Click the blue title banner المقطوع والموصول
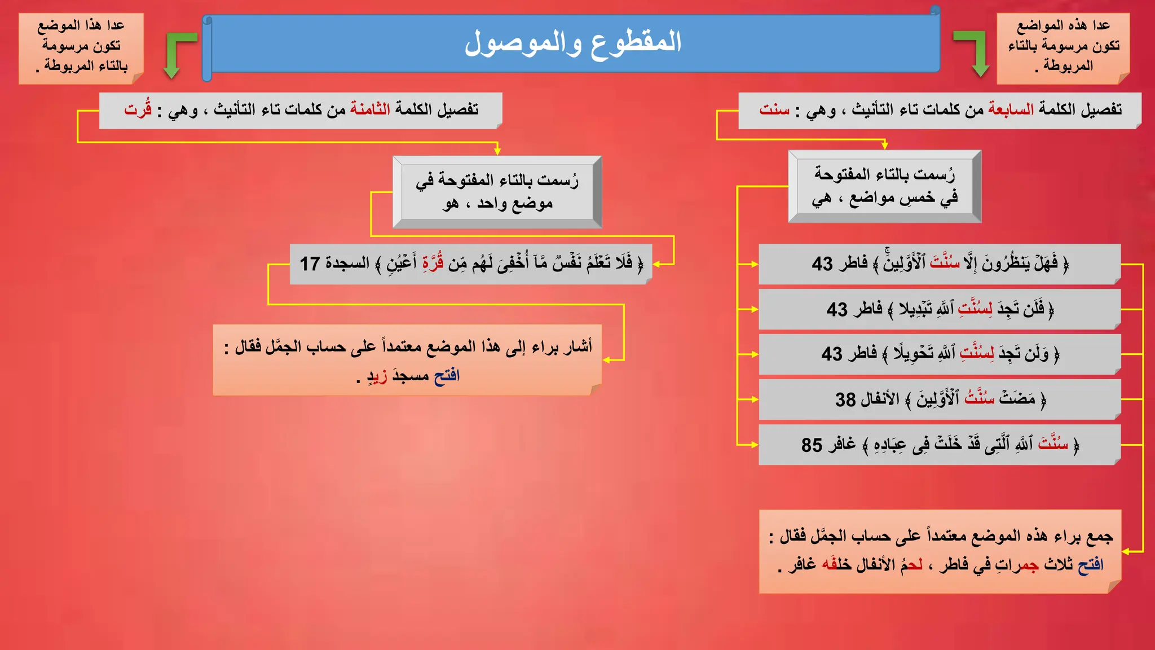(x=572, y=43)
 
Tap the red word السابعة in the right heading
(x=1011, y=109)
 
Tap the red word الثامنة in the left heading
(x=370, y=109)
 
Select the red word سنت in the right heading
(x=774, y=109)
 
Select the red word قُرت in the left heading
(x=138, y=108)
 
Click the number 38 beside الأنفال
(x=845, y=399)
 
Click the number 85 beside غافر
(x=812, y=445)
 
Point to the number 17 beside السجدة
(x=310, y=263)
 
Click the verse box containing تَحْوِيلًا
(x=939, y=354)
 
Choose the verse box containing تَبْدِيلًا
(x=939, y=309)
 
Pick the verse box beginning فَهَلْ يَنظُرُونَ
(x=939, y=264)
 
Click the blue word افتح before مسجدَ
(x=447, y=375)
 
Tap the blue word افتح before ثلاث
(x=1091, y=564)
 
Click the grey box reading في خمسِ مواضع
(x=884, y=186)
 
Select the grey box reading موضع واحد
(x=497, y=192)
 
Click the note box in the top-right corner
(x=1063, y=48)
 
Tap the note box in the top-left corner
(x=81, y=48)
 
